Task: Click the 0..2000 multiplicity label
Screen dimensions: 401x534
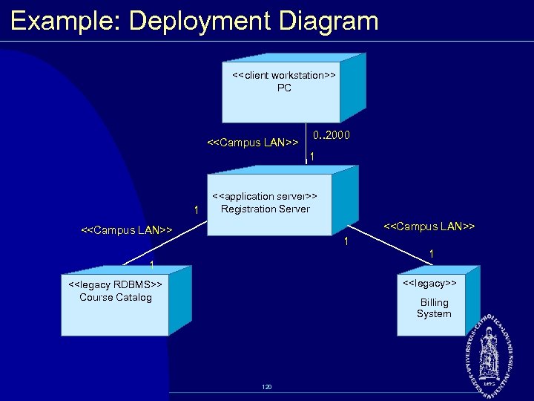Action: [x=332, y=136]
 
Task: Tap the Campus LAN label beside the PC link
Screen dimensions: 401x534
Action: [x=253, y=142]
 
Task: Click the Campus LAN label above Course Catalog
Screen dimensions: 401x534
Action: [x=126, y=231]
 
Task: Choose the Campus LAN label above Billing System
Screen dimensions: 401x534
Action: [x=429, y=226]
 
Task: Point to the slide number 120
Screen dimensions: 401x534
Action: [x=267, y=387]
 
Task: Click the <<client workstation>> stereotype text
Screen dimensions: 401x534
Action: [x=284, y=75]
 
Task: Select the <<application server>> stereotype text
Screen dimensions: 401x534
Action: [x=265, y=196]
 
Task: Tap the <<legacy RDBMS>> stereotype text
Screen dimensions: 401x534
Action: [x=115, y=284]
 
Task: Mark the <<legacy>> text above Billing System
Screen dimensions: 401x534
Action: [x=429, y=283]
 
